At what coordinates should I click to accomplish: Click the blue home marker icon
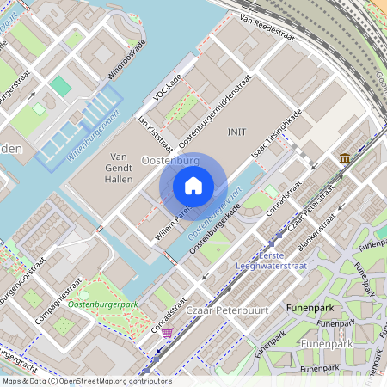point(193,186)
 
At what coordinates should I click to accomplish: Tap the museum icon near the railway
point(345,158)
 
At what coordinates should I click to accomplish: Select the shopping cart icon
point(166,332)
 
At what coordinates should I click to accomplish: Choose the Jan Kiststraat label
point(156,130)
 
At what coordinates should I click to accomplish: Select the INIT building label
point(237,132)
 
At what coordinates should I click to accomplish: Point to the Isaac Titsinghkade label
point(277,135)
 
